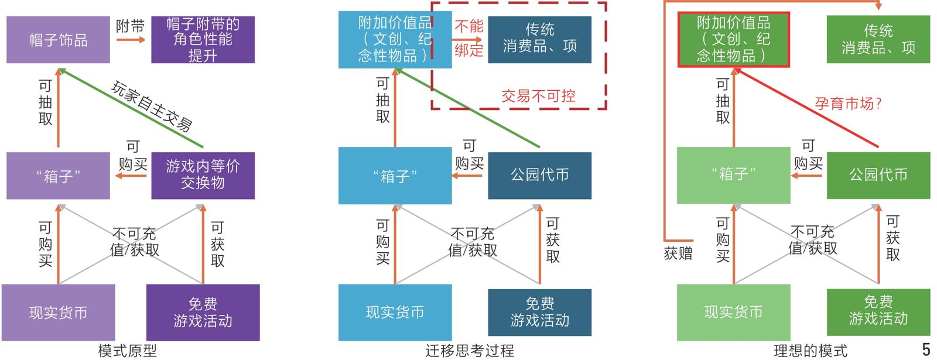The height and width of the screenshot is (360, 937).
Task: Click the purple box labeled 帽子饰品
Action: pos(58,40)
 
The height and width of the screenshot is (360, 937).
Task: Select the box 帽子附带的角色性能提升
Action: pos(203,40)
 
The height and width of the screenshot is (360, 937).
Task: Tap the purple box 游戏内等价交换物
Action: pos(203,174)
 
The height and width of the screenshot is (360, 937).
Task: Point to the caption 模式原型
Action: pos(127,351)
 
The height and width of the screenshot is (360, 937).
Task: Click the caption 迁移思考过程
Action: pos(470,351)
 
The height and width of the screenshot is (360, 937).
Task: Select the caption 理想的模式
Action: pos(810,351)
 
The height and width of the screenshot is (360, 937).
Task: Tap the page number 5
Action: pos(926,349)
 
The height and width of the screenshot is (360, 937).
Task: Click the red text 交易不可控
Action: pos(538,96)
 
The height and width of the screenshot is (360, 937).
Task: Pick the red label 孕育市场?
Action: pos(848,104)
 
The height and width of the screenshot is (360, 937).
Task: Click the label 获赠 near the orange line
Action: pos(678,253)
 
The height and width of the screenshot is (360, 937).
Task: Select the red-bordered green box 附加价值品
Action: pos(733,40)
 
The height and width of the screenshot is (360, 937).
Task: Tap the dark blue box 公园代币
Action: pos(539,174)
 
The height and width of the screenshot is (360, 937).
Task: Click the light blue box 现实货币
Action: pos(395,312)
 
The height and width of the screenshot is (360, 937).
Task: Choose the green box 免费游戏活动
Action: pos(878,311)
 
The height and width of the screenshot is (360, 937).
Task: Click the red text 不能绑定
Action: pos(469,38)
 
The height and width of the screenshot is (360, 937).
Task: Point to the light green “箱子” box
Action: pos(733,174)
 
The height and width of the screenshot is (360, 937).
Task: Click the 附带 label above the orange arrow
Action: pos(130,26)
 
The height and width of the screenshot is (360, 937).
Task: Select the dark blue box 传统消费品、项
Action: pos(539,39)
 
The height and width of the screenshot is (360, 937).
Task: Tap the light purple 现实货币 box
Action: pos(58,313)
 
